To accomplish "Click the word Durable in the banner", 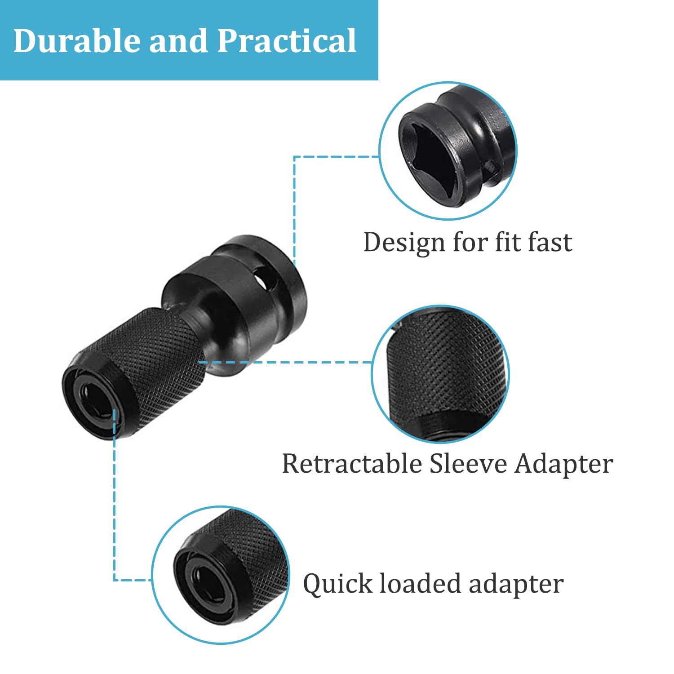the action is [x=76, y=40].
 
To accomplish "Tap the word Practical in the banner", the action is [x=287, y=40].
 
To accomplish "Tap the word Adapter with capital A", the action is [x=564, y=465].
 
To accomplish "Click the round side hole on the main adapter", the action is [x=265, y=279].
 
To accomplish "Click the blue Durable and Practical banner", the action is [x=189, y=40].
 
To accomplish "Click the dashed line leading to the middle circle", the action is [x=285, y=362].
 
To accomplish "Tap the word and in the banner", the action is [x=178, y=40].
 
